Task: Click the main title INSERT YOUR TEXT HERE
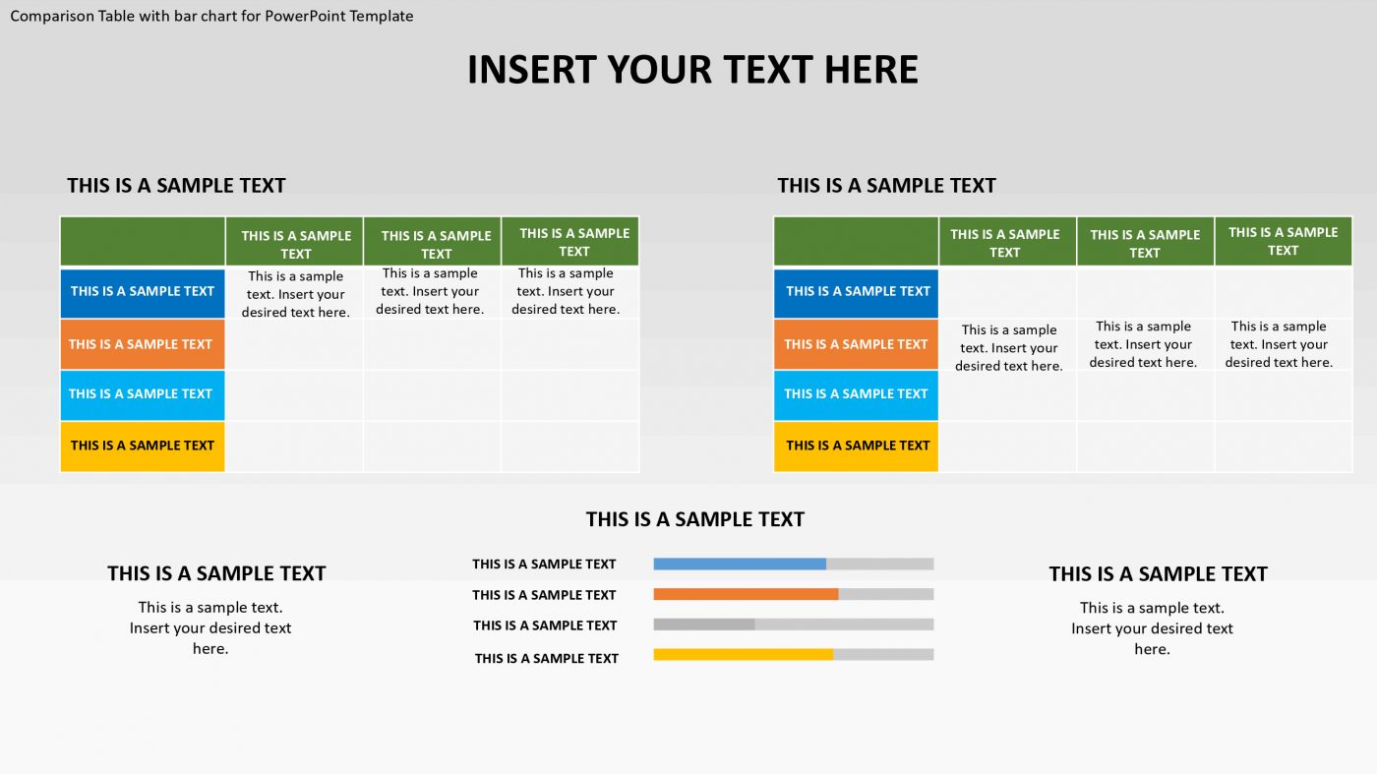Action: [x=692, y=70]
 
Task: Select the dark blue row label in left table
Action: [x=143, y=292]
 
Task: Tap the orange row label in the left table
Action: [x=143, y=344]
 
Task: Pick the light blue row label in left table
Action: [x=143, y=394]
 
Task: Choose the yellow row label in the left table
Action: [x=143, y=446]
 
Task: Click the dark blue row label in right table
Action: [x=857, y=292]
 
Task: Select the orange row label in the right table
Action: [x=857, y=344]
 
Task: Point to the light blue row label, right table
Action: [x=857, y=394]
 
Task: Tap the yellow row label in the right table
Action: [x=857, y=446]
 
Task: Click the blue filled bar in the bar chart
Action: [x=740, y=565]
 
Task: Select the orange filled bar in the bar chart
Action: [x=746, y=594]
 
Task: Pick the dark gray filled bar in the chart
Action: [x=704, y=625]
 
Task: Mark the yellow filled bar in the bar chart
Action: [x=743, y=655]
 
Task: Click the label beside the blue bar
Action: [x=544, y=565]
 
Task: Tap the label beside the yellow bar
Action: [x=547, y=659]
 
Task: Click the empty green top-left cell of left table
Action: [x=143, y=242]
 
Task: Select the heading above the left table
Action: [x=176, y=186]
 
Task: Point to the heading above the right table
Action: [x=886, y=186]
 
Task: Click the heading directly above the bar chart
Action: [x=695, y=519]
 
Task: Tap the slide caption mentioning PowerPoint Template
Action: [x=211, y=16]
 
